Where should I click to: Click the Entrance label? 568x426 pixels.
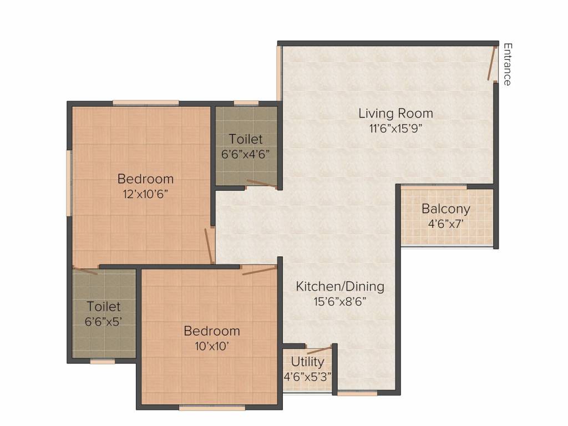pos(508,64)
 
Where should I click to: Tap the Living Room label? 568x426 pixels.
pos(395,113)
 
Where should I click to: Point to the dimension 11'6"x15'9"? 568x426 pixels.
pos(395,129)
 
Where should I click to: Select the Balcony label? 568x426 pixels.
pos(446,209)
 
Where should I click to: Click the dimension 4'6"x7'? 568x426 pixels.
pos(446,224)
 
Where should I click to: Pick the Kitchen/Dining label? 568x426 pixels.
pos(340,287)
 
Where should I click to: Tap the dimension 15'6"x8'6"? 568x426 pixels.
pos(340,301)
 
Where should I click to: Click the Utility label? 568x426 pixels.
pos(307,362)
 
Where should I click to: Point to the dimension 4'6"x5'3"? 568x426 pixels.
pos(307,377)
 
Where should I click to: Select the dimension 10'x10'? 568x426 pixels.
pos(211,346)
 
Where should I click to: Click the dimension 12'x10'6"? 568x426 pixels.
pos(146,194)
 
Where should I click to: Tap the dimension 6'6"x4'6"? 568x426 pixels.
pos(246,154)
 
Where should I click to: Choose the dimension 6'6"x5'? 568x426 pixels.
pos(103,321)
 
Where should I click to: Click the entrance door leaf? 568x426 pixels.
pos(491,63)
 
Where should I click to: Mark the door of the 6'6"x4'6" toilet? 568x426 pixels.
pos(262,184)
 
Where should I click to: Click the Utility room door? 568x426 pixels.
pos(319,351)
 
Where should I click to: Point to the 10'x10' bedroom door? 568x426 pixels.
pos(259,271)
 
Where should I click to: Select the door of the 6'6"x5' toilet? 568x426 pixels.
pos(85,271)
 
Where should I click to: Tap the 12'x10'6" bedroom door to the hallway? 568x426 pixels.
pos(209,246)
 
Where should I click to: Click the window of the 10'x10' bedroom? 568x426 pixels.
pos(212,408)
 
